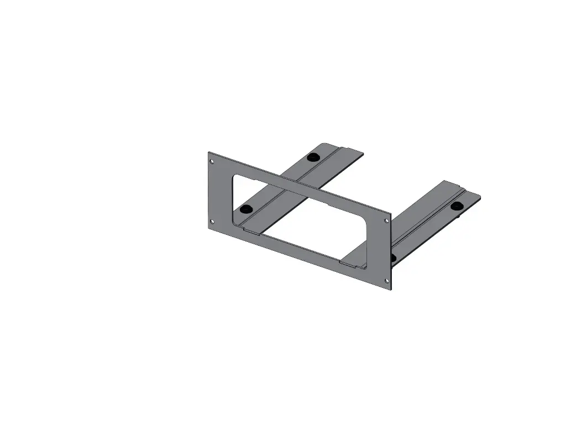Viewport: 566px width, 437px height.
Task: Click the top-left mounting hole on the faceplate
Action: coord(212,161)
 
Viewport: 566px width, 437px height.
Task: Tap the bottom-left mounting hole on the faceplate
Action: coord(212,222)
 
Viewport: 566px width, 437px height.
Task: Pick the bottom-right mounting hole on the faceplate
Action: coord(386,281)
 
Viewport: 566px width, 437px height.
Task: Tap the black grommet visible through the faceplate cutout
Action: coord(247,209)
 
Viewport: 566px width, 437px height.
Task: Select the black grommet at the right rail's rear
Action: coord(457,206)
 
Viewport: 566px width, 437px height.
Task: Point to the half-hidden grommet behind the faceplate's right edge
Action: coord(393,258)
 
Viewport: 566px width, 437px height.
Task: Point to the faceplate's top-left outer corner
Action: coord(208,152)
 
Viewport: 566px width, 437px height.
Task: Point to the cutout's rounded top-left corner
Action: coord(235,178)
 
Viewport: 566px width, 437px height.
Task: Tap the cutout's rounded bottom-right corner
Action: coord(365,266)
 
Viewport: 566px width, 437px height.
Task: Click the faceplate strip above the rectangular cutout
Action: coord(298,185)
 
